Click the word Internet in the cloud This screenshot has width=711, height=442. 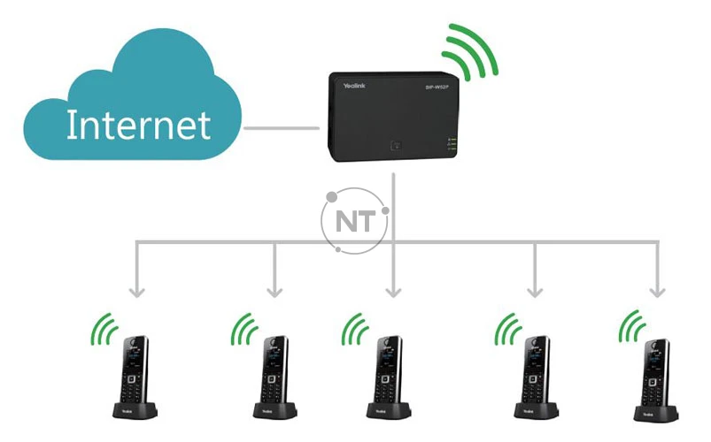(x=139, y=126)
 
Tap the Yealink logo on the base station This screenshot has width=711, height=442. (x=359, y=87)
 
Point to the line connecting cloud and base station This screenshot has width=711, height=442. (x=281, y=130)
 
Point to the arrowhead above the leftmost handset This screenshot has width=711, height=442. (x=135, y=292)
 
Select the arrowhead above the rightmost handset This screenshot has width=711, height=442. (x=656, y=292)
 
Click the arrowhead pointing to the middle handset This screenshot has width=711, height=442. (x=395, y=292)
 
